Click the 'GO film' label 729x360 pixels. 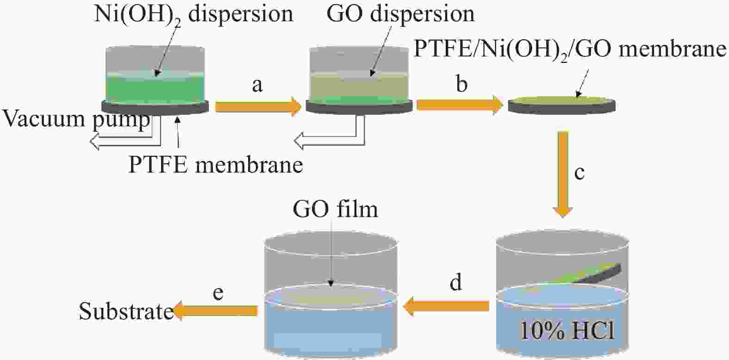(x=335, y=209)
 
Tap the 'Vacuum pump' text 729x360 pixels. (x=77, y=119)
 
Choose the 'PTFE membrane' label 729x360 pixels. (x=216, y=165)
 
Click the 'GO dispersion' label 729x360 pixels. (x=400, y=13)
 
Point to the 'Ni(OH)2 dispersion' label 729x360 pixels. (x=193, y=14)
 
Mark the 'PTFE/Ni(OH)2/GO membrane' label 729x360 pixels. (x=570, y=49)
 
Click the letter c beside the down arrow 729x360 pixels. (x=579, y=173)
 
